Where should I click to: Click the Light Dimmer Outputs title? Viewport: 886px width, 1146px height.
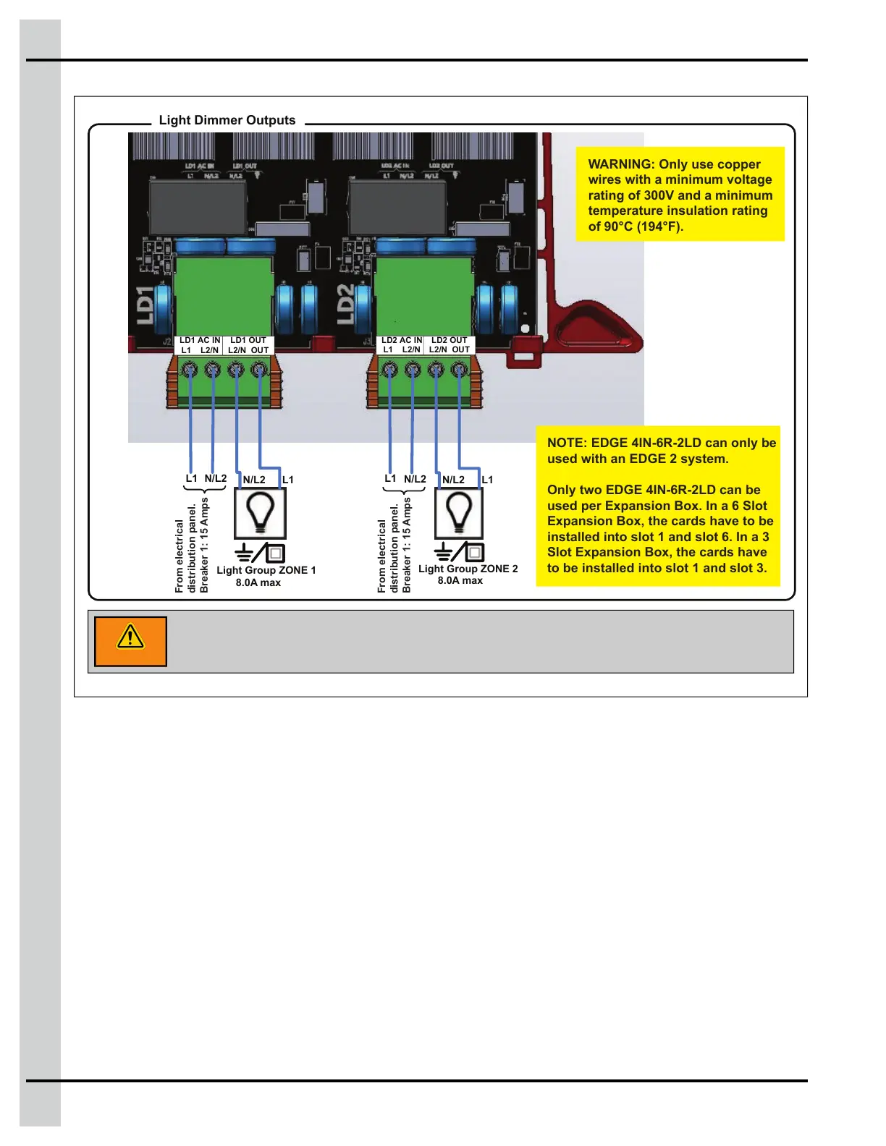click(x=227, y=120)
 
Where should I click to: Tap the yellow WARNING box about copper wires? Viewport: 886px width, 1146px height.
click(x=680, y=195)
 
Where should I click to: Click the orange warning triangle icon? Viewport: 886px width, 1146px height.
click(x=130, y=639)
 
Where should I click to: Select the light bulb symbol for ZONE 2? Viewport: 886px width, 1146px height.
click(x=459, y=512)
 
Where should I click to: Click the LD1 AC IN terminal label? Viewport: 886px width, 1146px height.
click(x=200, y=340)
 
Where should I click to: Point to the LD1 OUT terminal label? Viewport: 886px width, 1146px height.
click(x=248, y=340)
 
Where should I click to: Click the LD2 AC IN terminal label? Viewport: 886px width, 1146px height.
click(x=402, y=340)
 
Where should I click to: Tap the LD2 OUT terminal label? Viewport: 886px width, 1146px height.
click(x=450, y=340)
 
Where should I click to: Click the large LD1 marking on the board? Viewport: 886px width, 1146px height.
click(x=146, y=305)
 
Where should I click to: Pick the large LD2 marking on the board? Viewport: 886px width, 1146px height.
click(x=347, y=305)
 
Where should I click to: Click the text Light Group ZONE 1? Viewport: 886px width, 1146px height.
click(x=266, y=570)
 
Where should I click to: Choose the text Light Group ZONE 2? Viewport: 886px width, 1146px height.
click(x=468, y=569)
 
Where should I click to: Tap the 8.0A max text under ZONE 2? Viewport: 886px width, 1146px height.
click(x=460, y=580)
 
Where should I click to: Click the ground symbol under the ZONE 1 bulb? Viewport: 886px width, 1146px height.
click(x=244, y=552)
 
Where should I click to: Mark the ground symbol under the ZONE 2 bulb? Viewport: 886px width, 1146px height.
click(x=443, y=552)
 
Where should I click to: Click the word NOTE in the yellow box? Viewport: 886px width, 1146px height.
click(x=566, y=443)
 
